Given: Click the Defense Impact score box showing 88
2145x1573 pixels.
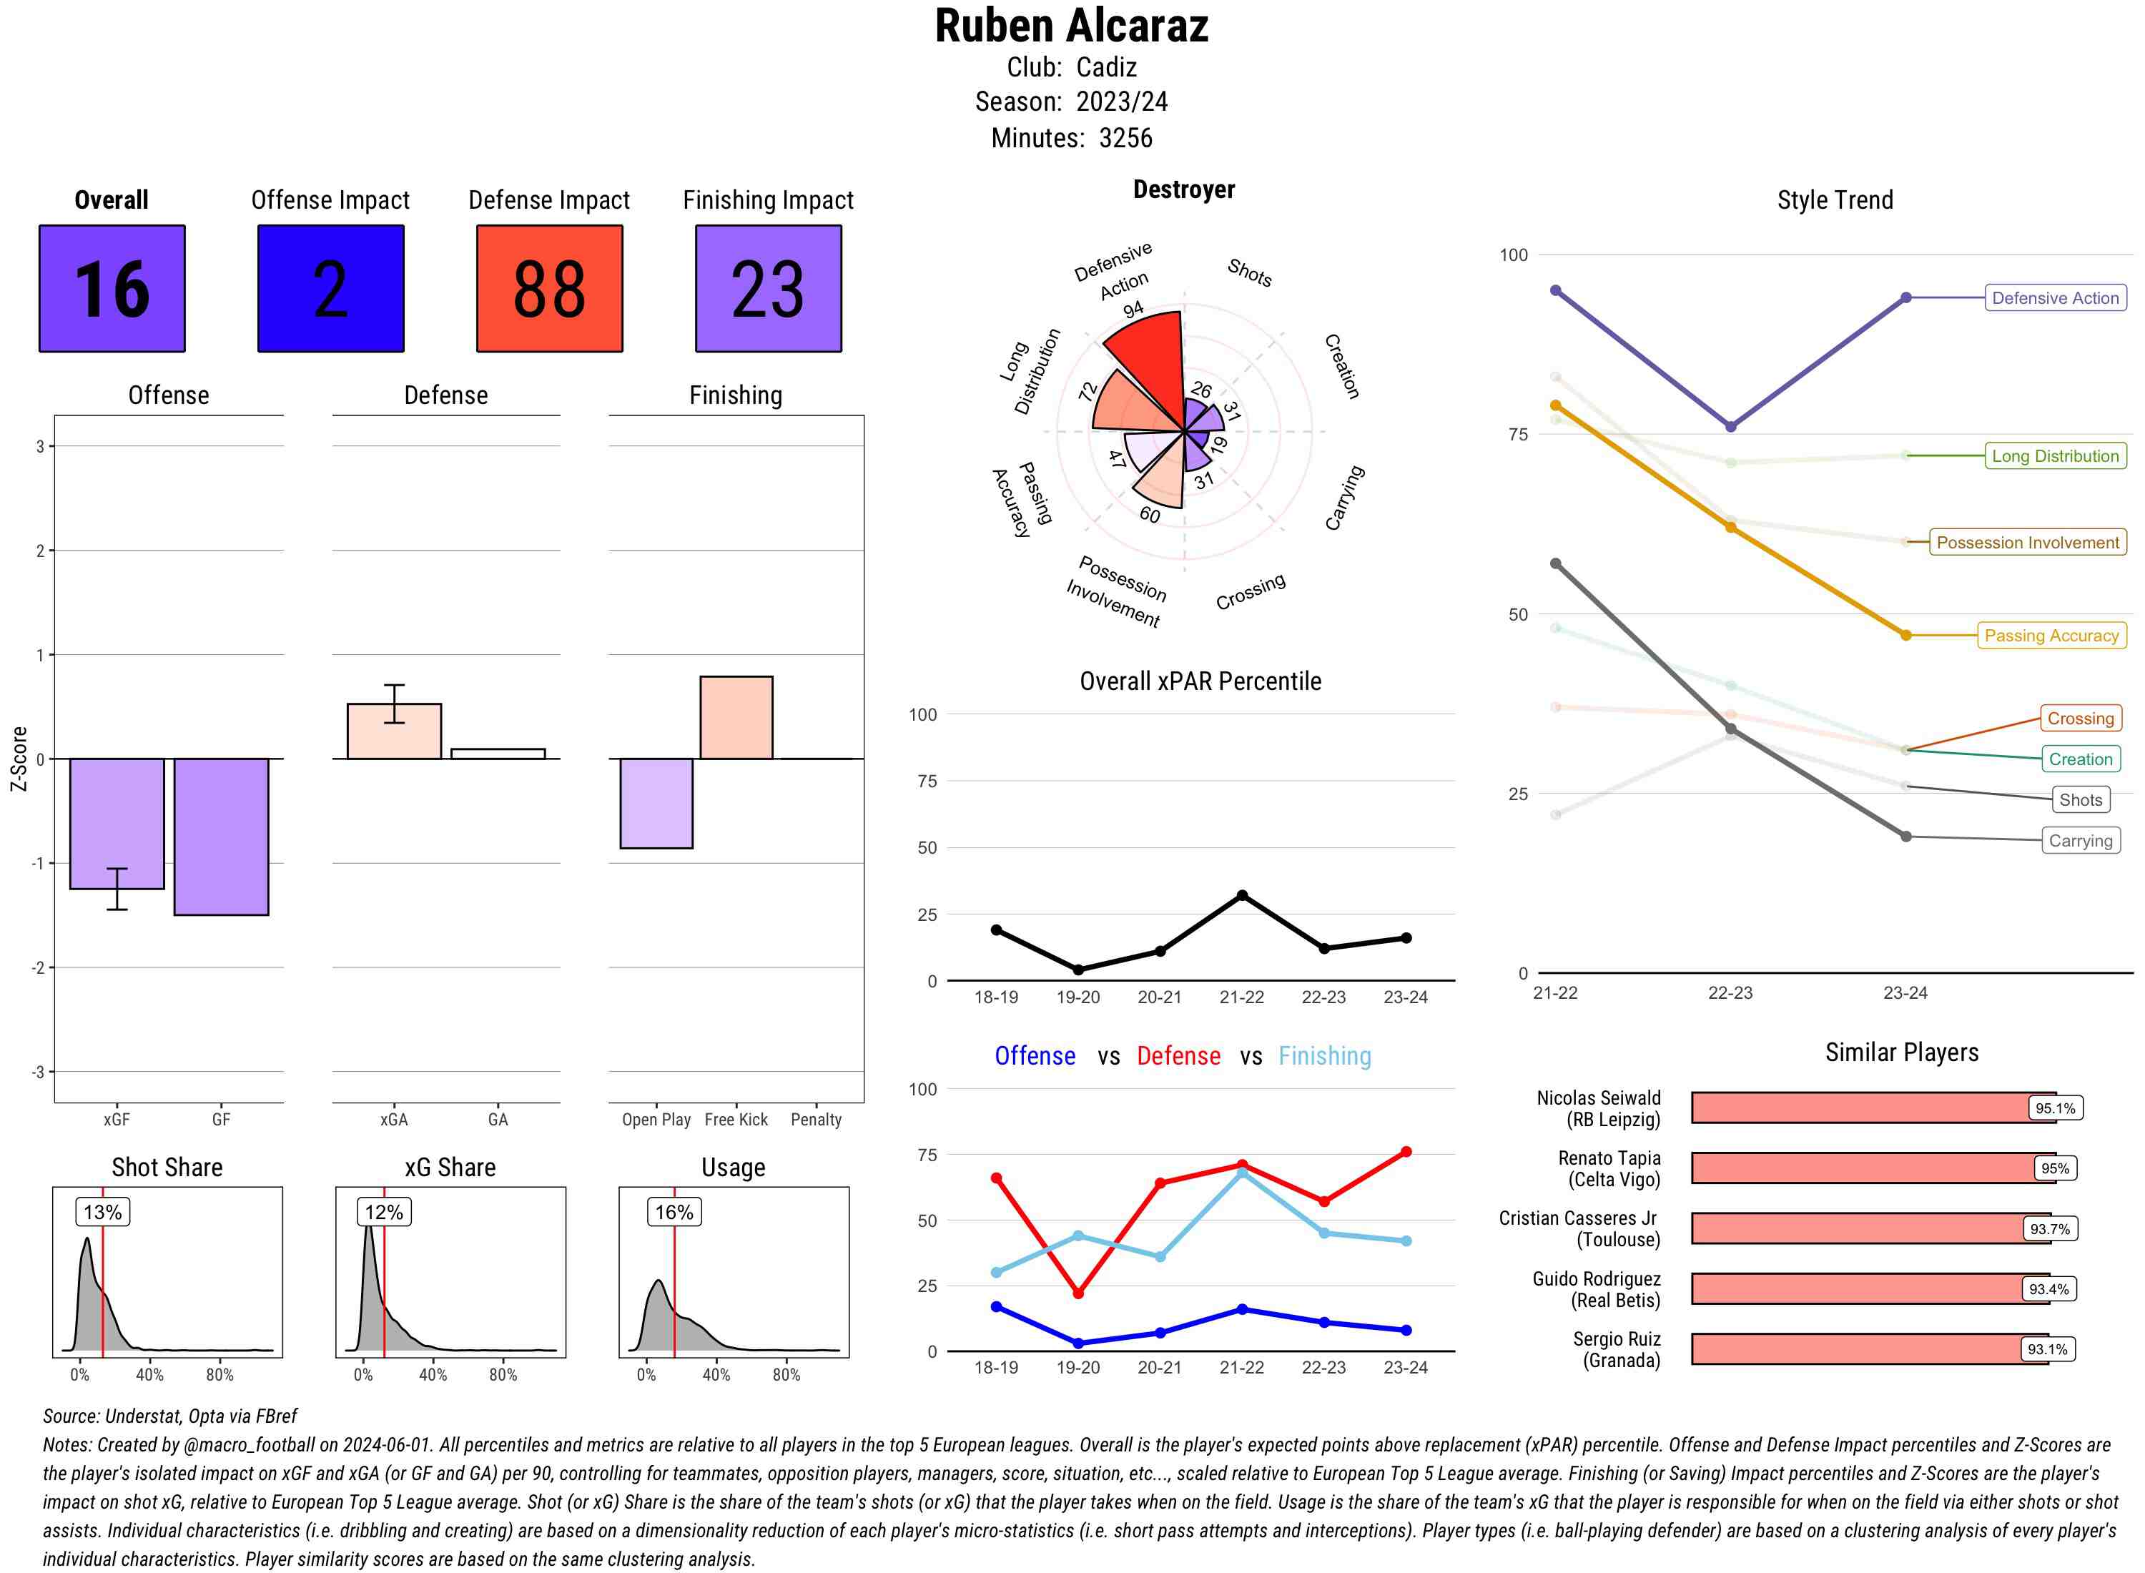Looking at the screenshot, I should (549, 289).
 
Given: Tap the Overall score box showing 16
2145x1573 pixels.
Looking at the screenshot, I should (112, 289).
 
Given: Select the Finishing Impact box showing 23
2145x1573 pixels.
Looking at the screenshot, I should (769, 289).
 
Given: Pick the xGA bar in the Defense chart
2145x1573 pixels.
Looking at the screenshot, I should (394, 731).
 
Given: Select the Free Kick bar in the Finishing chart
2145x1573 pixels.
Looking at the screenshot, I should (736, 717).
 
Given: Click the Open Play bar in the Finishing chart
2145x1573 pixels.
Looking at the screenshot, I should (656, 803).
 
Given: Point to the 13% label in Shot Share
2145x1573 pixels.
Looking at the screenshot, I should (103, 1212).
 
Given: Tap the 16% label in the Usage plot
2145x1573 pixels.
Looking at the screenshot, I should (674, 1212).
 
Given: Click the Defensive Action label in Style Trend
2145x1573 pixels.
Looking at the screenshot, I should (2055, 298).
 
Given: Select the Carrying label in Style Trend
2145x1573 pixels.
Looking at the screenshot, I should (2080, 841).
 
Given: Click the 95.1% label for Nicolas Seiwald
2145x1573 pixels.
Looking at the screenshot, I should (2055, 1108).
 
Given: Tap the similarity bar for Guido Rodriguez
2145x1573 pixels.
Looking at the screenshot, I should (1857, 1289).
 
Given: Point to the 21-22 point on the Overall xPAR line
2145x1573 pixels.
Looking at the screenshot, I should (1241, 896).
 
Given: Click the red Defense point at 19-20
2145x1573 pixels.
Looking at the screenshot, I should (1078, 1293).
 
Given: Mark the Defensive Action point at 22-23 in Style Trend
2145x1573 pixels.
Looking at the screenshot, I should (1730, 427).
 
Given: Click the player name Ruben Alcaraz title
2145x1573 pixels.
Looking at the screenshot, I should (1071, 26).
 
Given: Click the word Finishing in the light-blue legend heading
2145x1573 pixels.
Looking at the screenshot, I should (1324, 1056).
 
